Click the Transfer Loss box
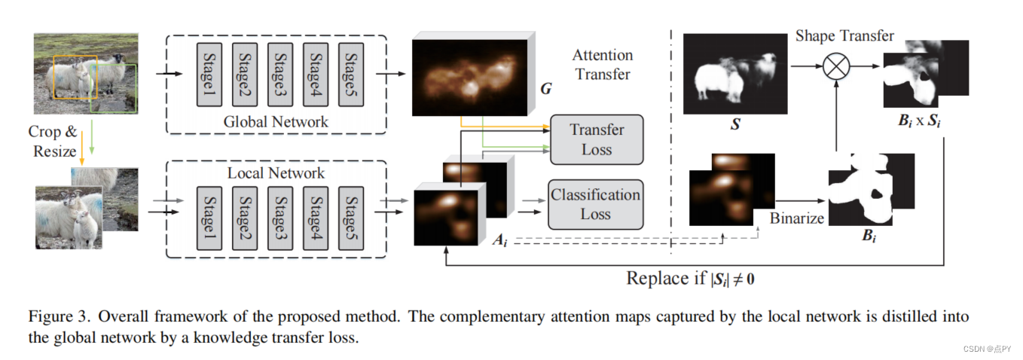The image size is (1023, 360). pyautogui.click(x=597, y=139)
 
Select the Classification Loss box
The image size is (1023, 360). pyautogui.click(x=596, y=204)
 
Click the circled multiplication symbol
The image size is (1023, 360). pyautogui.click(x=835, y=68)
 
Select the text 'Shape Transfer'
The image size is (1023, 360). pyautogui.click(x=844, y=35)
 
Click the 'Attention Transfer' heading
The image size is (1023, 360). pyautogui.click(x=602, y=64)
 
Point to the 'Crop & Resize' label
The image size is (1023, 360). pyautogui.click(x=52, y=141)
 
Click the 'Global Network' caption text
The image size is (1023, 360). pyautogui.click(x=276, y=121)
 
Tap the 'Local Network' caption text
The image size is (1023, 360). pyautogui.click(x=276, y=173)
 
